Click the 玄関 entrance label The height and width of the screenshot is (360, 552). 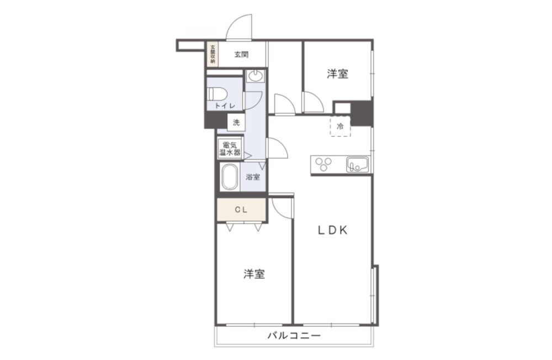click(x=242, y=54)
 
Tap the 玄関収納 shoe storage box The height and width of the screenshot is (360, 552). click(x=213, y=54)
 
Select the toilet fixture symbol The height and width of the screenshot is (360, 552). click(x=217, y=94)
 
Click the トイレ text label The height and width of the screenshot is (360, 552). click(x=225, y=105)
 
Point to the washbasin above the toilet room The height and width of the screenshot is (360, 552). click(x=255, y=76)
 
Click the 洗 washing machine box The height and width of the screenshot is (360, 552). click(x=236, y=122)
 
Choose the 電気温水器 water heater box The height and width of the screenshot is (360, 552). click(x=230, y=149)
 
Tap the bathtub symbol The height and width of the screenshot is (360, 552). click(x=230, y=177)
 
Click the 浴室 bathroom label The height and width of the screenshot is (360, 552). click(x=253, y=177)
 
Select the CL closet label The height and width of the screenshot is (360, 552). click(x=241, y=210)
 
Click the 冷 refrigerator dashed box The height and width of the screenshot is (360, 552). click(x=340, y=126)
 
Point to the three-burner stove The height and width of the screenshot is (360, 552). click(x=323, y=164)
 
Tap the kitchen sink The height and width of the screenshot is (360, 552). click(x=358, y=164)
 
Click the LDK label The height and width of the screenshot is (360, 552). click(x=333, y=230)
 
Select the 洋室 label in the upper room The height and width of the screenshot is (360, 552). click(x=337, y=74)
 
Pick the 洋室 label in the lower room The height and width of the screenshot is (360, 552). click(x=254, y=274)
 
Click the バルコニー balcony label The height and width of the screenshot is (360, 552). click(x=294, y=335)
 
